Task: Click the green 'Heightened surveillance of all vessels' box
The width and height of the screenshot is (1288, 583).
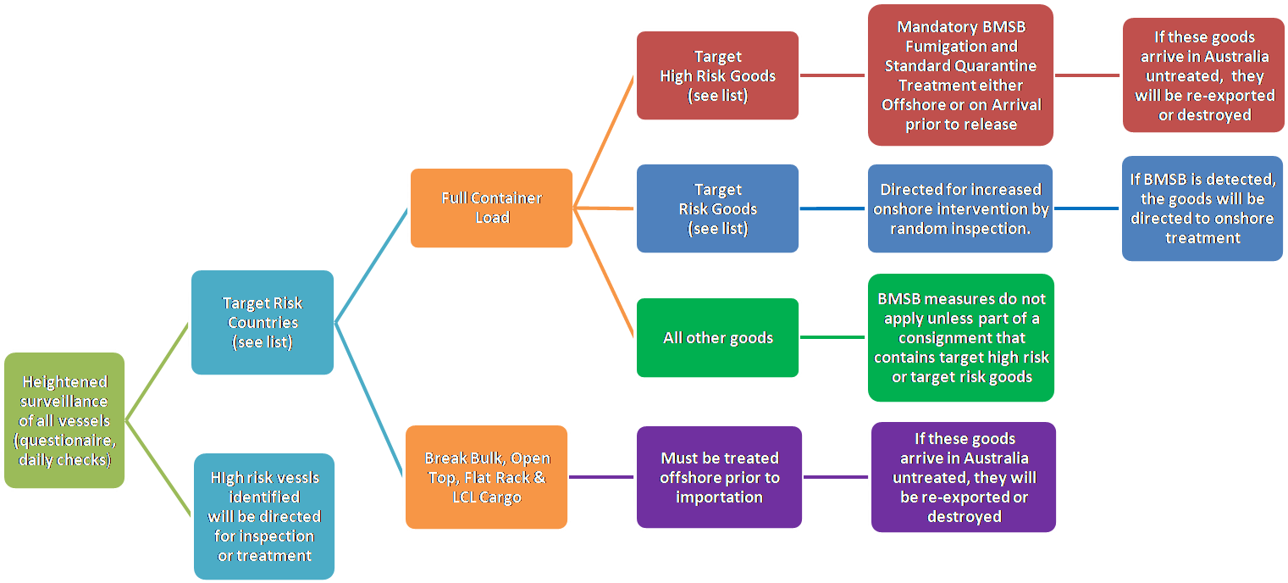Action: click(x=64, y=420)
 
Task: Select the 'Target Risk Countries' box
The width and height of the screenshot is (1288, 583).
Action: click(x=263, y=322)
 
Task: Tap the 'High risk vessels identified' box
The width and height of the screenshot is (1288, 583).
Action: click(x=264, y=516)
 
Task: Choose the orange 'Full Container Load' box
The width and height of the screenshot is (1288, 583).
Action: click(x=491, y=208)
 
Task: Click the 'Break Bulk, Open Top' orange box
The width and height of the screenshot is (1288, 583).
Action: click(x=486, y=477)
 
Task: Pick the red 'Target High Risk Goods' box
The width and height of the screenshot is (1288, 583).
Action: click(x=717, y=75)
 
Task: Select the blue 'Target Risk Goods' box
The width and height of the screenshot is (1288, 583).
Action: click(x=717, y=208)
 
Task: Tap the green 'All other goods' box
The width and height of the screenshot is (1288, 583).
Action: click(x=717, y=337)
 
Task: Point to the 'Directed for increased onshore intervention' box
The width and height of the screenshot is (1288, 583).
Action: click(x=960, y=208)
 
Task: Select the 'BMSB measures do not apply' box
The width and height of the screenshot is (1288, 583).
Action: click(x=960, y=337)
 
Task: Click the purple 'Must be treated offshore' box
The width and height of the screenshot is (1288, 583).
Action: click(x=719, y=477)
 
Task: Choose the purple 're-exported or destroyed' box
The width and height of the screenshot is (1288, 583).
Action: click(x=964, y=477)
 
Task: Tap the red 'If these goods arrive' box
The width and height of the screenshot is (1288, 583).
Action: click(x=1204, y=75)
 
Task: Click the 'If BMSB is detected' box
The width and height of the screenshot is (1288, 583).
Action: click(x=1202, y=208)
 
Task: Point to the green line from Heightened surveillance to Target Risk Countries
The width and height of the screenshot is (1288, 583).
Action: click(x=158, y=370)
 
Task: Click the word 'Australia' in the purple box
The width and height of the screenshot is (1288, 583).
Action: click(x=987, y=458)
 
